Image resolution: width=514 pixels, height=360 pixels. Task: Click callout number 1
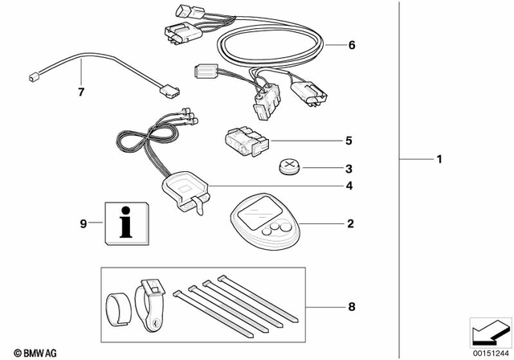tap(439, 160)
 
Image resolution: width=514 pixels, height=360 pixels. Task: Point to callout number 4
tap(349, 186)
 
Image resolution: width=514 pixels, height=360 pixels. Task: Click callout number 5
tap(349, 141)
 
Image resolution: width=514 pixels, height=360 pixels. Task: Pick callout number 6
tap(351, 45)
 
